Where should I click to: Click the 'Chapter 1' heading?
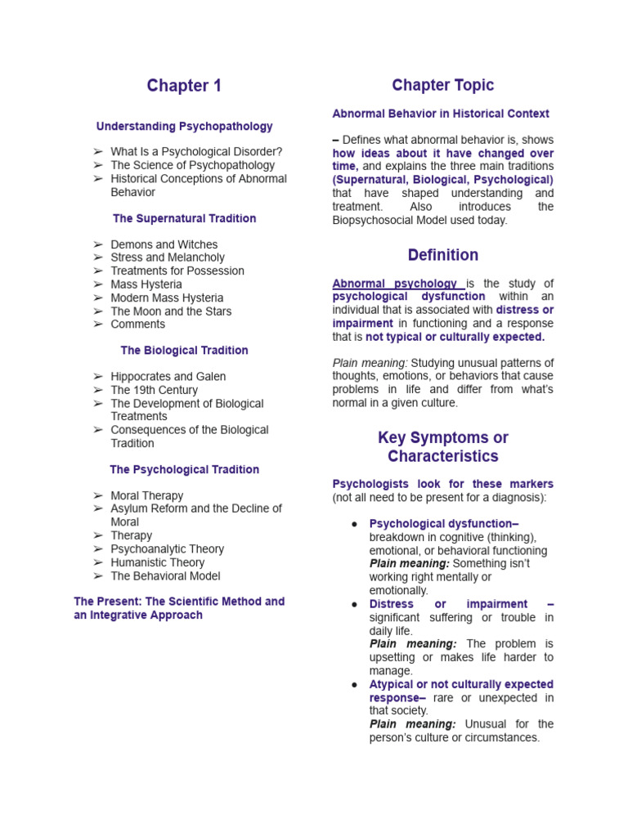tap(184, 86)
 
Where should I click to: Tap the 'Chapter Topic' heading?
tap(442, 85)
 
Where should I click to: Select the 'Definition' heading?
tap(442, 255)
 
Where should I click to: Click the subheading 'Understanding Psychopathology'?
tap(184, 127)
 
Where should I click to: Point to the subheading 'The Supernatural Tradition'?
tap(184, 218)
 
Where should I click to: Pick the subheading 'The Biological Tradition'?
tap(184, 350)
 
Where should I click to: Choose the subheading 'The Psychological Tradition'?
tap(184, 469)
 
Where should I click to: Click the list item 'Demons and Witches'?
tap(164, 244)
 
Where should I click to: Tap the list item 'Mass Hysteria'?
tap(146, 284)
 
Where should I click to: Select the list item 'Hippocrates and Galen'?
tap(168, 377)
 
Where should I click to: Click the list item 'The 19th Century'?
tap(154, 390)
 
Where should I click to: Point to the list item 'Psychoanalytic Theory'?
tap(167, 549)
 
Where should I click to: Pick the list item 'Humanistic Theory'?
tap(159, 562)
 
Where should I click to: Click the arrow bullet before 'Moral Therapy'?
tap(98, 496)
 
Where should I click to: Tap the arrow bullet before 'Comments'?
tap(98, 325)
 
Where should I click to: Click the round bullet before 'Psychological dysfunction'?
tap(354, 524)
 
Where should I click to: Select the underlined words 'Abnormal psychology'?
tap(394, 284)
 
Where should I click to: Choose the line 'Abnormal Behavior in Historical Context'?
tap(441, 114)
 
